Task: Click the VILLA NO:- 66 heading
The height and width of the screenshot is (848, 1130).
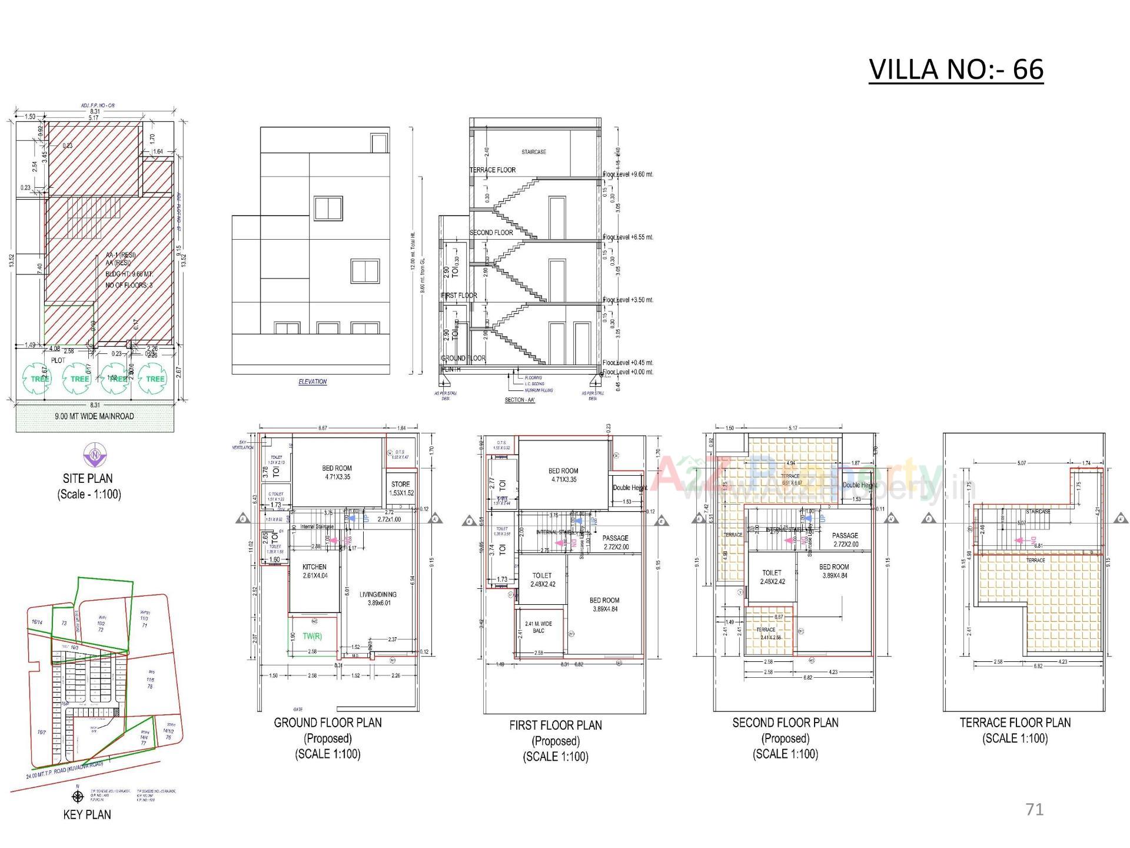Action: [956, 69]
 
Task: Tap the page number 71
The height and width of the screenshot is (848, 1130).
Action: [1034, 809]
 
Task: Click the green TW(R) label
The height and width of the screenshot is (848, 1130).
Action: [312, 636]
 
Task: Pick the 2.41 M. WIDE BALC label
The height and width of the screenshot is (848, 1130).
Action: [538, 627]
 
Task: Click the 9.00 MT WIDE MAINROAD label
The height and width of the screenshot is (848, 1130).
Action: [94, 416]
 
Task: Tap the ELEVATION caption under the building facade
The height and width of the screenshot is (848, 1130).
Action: [312, 382]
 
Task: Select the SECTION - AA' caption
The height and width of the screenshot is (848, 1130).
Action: [520, 400]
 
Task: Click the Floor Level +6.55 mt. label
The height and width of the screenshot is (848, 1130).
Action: [628, 237]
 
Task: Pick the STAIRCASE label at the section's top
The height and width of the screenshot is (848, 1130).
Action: [533, 152]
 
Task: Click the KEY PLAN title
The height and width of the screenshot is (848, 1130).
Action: [87, 814]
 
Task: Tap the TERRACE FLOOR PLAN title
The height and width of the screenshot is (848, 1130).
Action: [1015, 723]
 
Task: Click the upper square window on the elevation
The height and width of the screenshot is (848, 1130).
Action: [328, 208]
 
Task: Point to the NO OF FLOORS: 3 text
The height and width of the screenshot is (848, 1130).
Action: [129, 285]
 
